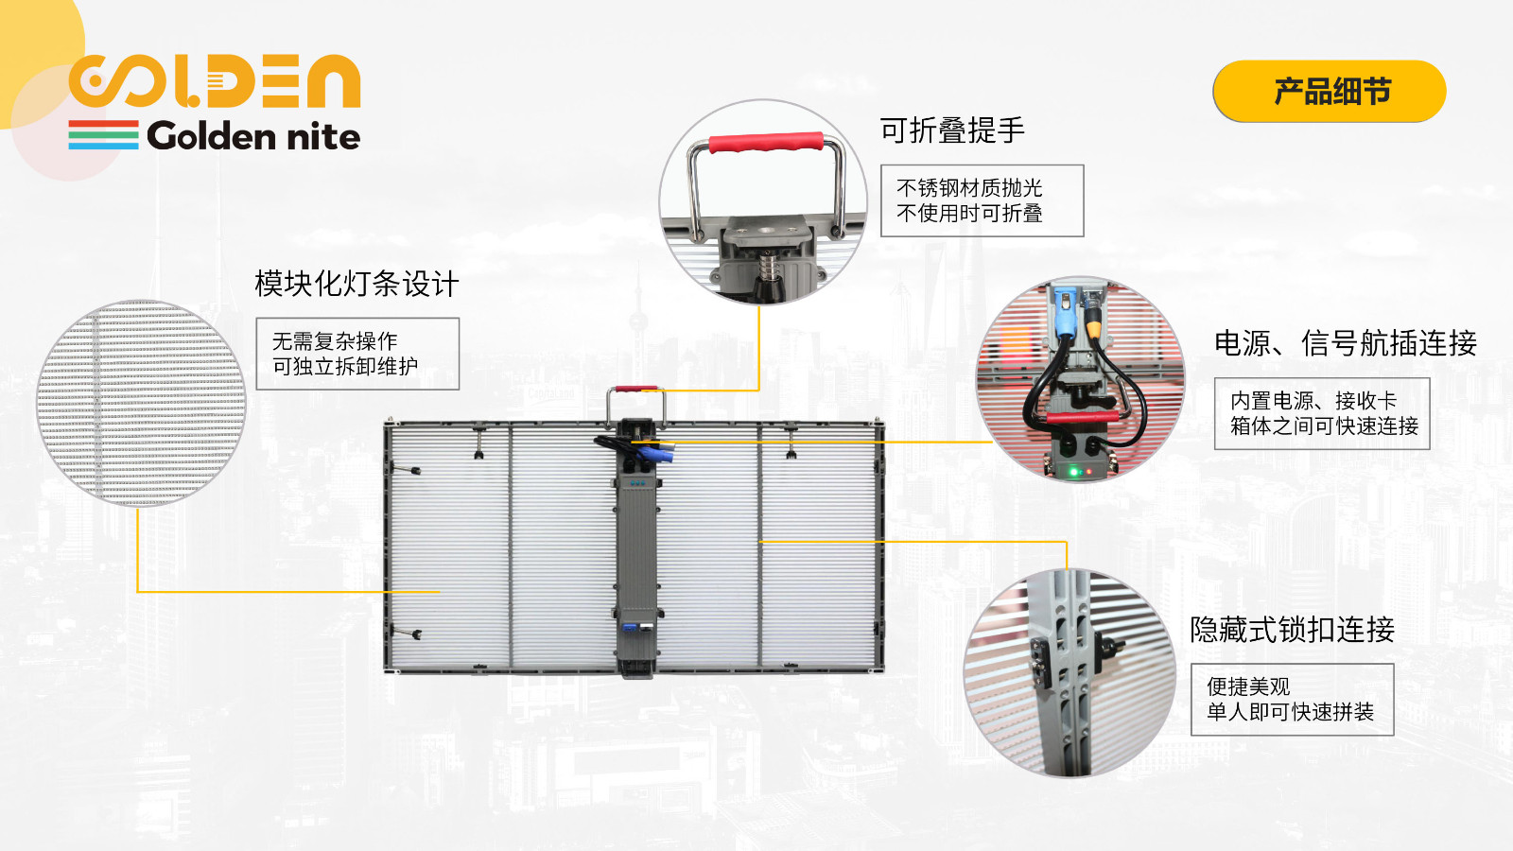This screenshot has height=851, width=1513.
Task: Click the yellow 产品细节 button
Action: pos(1329,91)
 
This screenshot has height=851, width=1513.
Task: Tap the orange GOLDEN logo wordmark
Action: pos(215,81)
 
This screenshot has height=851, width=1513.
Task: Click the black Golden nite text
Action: pos(253,136)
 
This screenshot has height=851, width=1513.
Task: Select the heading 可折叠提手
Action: pos(951,130)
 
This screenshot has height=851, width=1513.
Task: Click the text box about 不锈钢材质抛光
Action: pos(983,200)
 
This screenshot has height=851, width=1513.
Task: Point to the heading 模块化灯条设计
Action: pos(357,284)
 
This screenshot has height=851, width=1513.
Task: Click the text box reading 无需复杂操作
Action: pos(357,354)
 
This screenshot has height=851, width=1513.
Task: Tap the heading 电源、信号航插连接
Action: pos(1346,343)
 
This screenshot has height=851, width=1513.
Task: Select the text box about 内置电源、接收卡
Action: pos(1322,413)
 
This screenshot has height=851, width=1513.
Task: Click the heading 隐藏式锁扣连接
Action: pos(1292,630)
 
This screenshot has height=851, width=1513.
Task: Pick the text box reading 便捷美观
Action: pos(1292,699)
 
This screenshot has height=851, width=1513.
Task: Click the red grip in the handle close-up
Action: pos(766,143)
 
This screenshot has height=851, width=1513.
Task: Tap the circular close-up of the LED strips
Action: pos(141,403)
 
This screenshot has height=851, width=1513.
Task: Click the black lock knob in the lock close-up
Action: pos(1109,647)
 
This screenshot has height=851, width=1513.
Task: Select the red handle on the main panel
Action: pos(635,390)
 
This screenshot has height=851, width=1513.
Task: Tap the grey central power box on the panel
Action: pos(636,548)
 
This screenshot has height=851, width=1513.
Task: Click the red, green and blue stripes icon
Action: pos(103,135)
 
